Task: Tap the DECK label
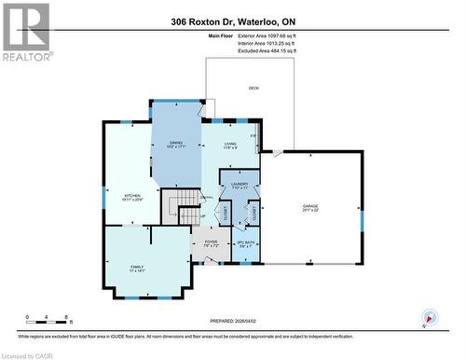click(x=254, y=89)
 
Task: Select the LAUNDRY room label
click(x=240, y=184)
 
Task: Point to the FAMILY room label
click(x=137, y=268)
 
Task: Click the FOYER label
click(x=211, y=242)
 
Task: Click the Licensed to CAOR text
click(x=29, y=353)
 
